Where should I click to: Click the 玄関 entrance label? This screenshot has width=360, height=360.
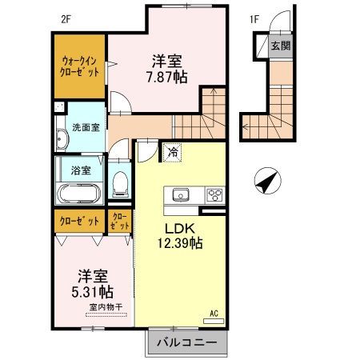(280, 46)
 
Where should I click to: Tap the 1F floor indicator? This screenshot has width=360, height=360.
(254, 18)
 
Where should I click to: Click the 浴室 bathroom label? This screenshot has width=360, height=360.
(80, 170)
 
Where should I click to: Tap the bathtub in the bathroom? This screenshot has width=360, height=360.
(78, 193)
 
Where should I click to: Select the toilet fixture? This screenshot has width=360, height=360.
(121, 183)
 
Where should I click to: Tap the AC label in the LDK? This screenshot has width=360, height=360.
(214, 313)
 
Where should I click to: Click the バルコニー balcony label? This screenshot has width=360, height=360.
(186, 342)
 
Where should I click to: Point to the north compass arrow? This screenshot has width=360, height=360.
(268, 182)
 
